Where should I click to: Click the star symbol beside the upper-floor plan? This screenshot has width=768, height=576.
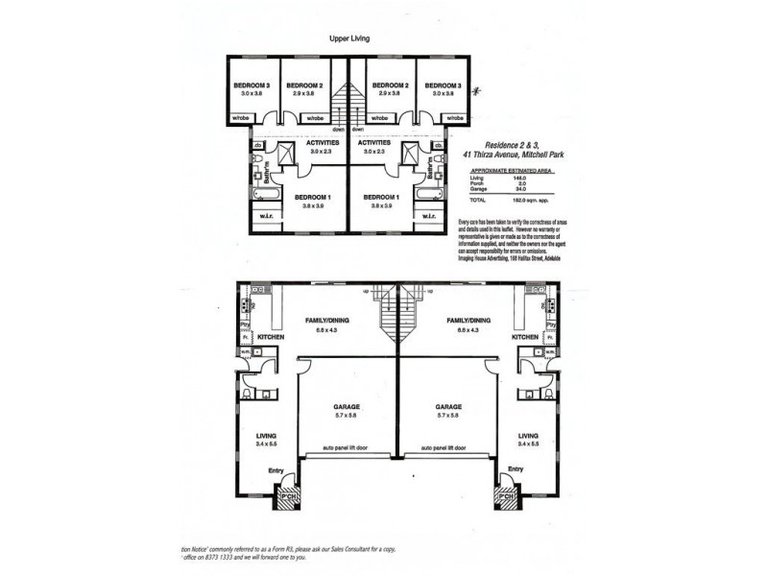click(488, 93)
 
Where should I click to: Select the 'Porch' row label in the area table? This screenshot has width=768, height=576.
click(477, 183)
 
